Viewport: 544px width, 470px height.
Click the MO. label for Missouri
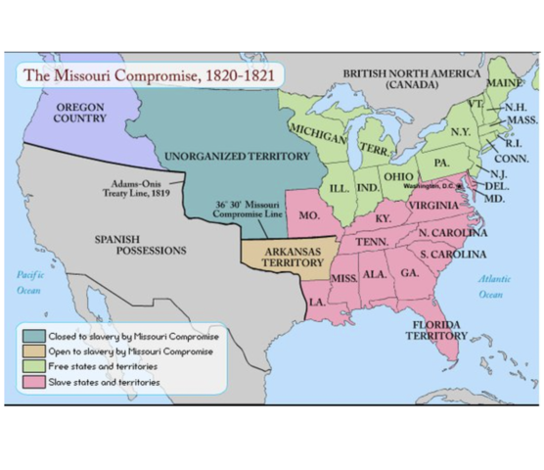tap(308, 213)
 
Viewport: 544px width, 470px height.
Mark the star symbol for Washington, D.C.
tap(458, 186)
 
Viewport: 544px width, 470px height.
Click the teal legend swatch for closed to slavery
tap(31, 336)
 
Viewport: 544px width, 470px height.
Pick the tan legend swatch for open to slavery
tap(31, 351)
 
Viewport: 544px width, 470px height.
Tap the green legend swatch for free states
tap(31, 366)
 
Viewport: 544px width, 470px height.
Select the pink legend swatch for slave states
tap(31, 382)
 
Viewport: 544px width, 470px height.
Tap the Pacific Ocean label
tap(28, 283)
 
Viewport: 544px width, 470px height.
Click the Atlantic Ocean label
tap(493, 286)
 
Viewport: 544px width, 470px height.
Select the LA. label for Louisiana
tap(318, 303)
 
